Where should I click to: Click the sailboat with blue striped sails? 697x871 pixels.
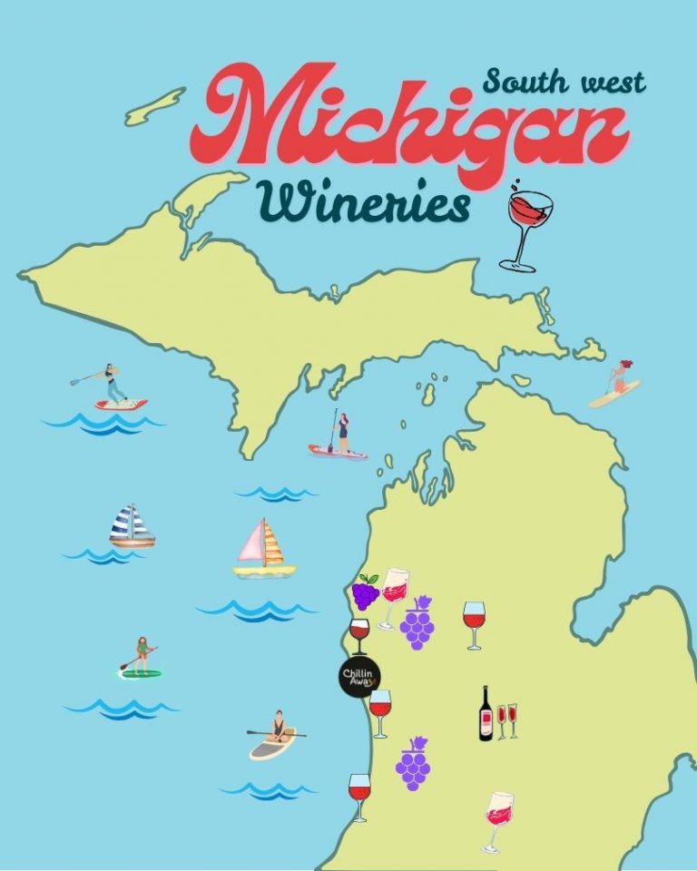[132, 527]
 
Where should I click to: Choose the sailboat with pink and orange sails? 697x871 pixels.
[262, 548]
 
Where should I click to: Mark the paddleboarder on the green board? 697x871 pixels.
[140, 659]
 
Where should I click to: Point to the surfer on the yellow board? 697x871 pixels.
[616, 384]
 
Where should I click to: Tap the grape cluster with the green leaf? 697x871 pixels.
[366, 592]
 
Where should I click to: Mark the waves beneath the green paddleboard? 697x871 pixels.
[122, 708]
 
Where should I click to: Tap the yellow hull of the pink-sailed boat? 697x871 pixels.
[264, 571]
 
